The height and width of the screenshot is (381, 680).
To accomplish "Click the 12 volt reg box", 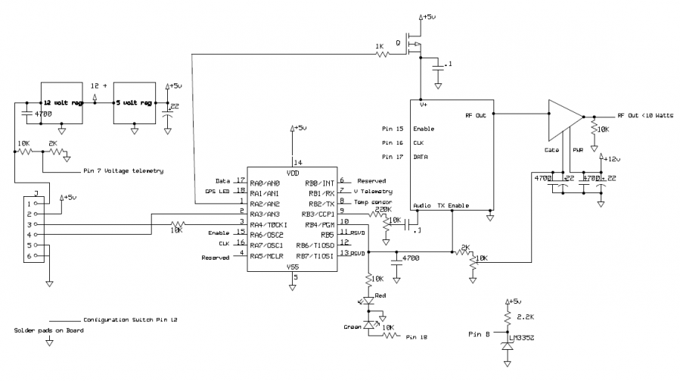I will (x=63, y=101).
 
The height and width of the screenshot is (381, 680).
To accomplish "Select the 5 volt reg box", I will (x=134, y=101).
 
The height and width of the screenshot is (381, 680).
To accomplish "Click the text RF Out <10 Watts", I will (x=644, y=115).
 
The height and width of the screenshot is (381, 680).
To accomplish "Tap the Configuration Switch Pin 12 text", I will (x=130, y=320).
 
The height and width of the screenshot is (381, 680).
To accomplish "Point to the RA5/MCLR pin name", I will (x=266, y=257).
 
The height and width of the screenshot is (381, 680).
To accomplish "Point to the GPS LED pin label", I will (x=217, y=191).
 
